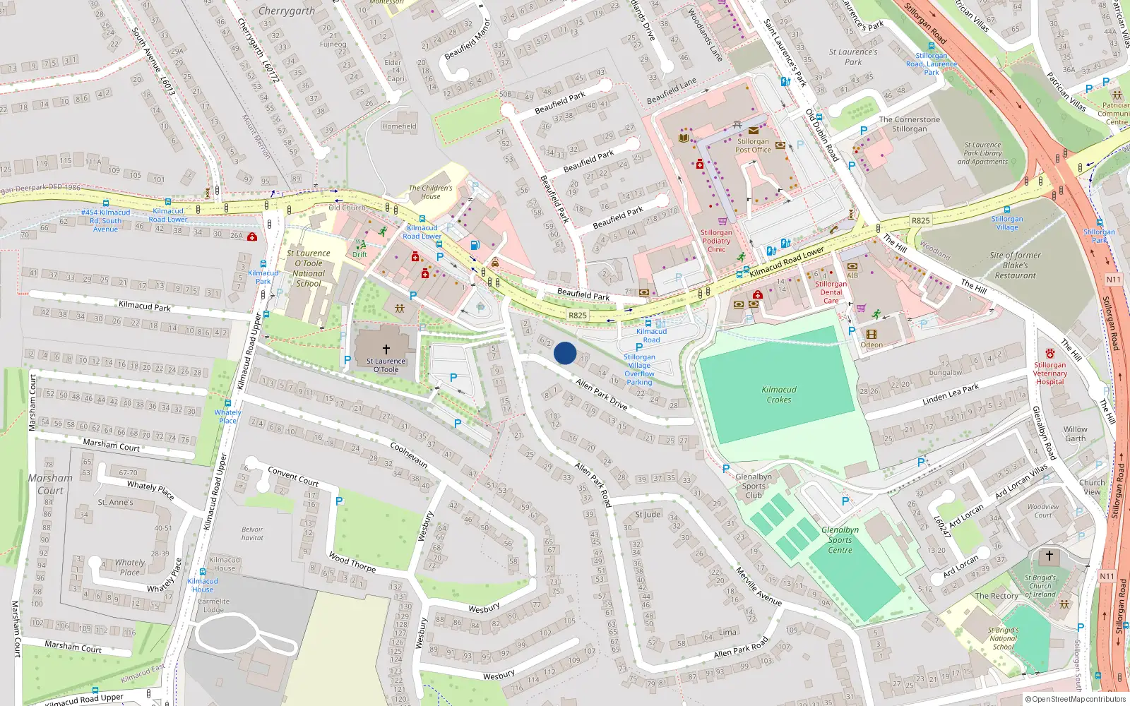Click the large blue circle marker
[565, 353]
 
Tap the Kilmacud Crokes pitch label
[779, 395]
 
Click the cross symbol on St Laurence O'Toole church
[386, 349]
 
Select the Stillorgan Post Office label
[754, 145]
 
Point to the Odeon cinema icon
[871, 335]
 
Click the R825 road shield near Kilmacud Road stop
[578, 315]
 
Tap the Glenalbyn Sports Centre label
[840, 540]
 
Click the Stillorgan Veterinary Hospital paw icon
[1050, 354]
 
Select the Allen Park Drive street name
[602, 394]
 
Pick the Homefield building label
[399, 126]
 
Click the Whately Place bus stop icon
[227, 403]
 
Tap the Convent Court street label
[293, 476]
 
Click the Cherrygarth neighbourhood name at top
[287, 11]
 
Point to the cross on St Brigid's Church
[1049, 556]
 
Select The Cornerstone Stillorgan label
[909, 124]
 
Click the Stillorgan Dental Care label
[831, 292]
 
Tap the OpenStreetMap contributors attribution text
[1075, 699]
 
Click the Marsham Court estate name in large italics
[50, 484]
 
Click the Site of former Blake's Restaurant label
[1015, 265]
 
